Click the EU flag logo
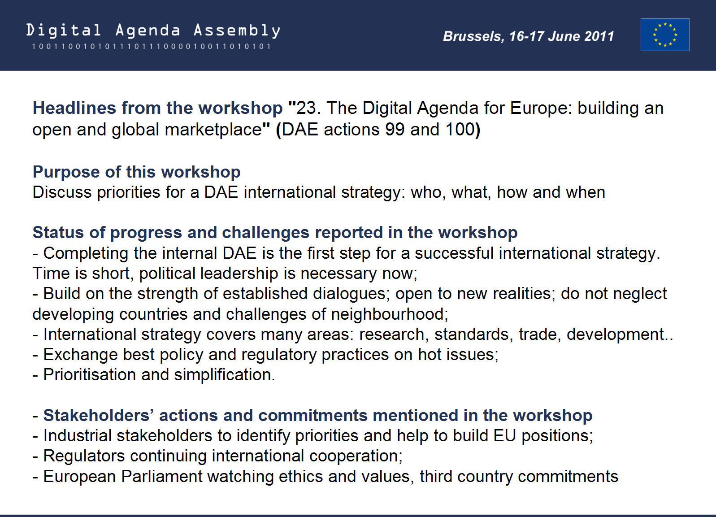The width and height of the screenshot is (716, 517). (x=665, y=35)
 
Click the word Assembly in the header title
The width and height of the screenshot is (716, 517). (x=237, y=31)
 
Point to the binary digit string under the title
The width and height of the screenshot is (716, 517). (x=151, y=46)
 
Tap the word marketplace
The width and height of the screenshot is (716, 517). (x=213, y=130)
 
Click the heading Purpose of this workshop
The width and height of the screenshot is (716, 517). (x=136, y=172)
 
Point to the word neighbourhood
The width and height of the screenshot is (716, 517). (x=390, y=314)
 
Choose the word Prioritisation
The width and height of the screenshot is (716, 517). (x=90, y=375)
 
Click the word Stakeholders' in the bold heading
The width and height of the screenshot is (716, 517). (x=99, y=416)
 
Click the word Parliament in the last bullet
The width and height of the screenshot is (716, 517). (x=162, y=476)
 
